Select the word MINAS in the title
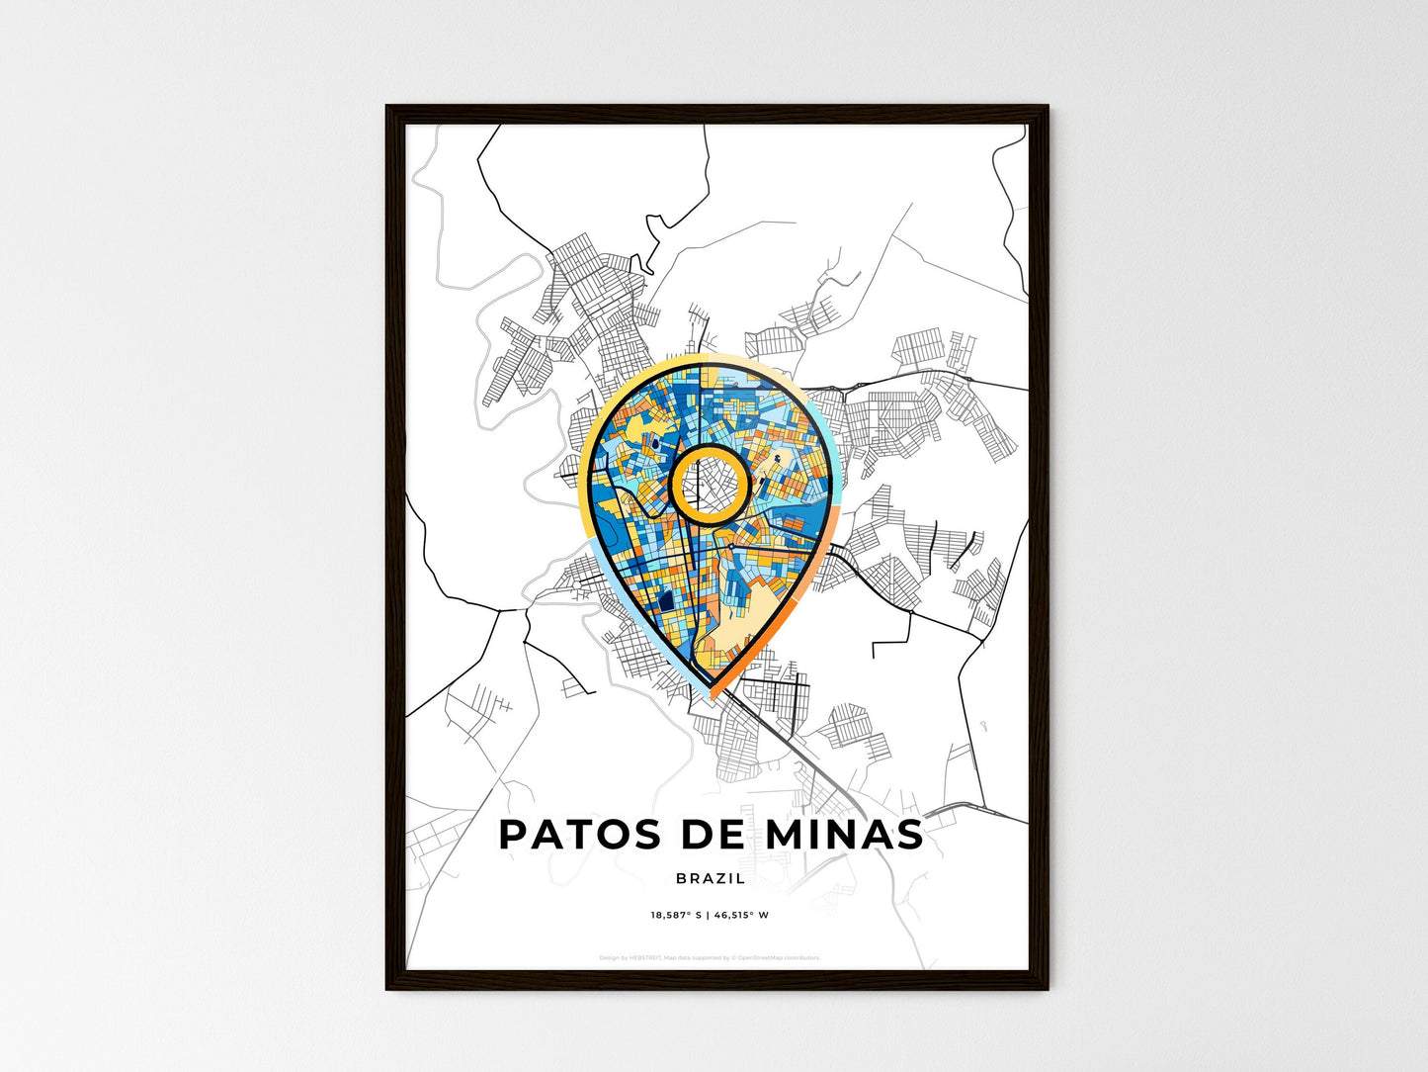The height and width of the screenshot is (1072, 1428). (845, 836)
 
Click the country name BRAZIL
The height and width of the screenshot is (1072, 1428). (712, 878)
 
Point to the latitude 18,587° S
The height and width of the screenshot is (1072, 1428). (676, 915)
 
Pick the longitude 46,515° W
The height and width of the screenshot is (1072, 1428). (742, 915)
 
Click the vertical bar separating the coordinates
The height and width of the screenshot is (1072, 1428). (709, 915)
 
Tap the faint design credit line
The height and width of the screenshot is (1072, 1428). (710, 957)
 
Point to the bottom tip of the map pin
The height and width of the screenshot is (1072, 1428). (712, 692)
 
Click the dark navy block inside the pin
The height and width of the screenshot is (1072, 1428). (665, 599)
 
